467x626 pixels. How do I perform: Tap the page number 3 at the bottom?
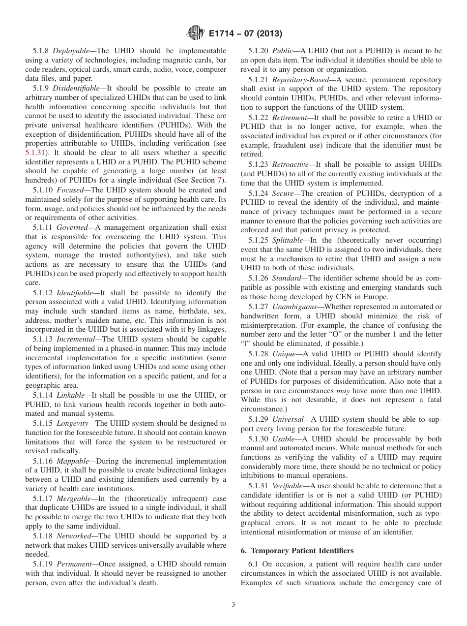pyautogui.click(x=233, y=605)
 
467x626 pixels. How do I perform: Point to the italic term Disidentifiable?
pyautogui.click(x=79, y=88)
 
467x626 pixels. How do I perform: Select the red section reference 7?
pyautogui.click(x=219, y=180)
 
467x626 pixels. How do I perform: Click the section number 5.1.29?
pyautogui.click(x=259, y=419)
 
